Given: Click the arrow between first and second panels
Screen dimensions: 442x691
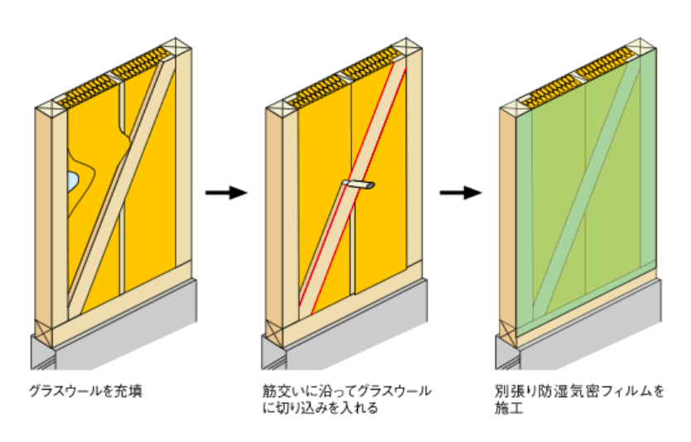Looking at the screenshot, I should [x=225, y=193].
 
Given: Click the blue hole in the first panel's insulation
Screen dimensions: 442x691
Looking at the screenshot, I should [x=73, y=178].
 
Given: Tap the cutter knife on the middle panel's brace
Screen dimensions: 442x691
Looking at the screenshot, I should [x=358, y=183].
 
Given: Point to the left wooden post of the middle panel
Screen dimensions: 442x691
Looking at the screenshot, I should [x=279, y=224].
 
